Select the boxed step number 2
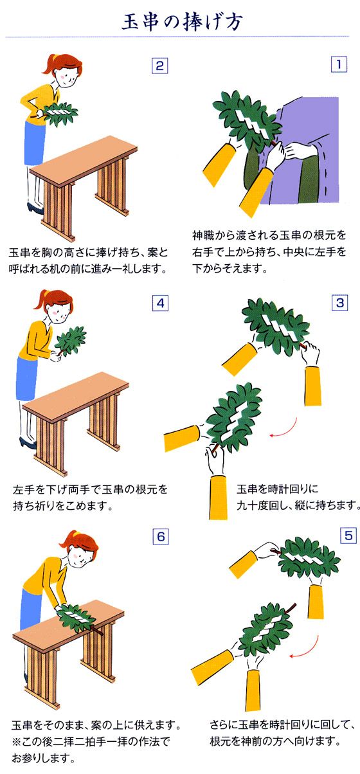(159, 65)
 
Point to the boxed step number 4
(159, 302)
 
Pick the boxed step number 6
(160, 535)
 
